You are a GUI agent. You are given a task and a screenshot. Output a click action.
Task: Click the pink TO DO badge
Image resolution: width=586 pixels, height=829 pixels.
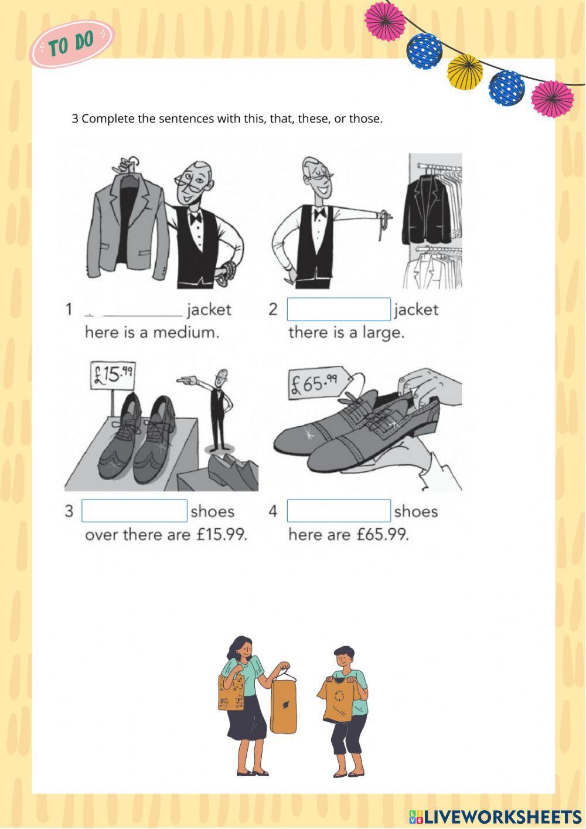pos(71,43)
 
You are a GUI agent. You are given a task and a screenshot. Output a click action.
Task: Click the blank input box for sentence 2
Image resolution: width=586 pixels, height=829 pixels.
pos(339,309)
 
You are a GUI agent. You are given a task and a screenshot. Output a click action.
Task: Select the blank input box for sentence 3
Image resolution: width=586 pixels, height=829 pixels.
pos(134,511)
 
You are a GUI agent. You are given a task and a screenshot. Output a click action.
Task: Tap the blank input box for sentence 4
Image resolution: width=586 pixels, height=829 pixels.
pos(339,511)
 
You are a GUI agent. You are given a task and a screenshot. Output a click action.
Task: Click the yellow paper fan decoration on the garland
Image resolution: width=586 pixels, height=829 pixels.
pos(465,71)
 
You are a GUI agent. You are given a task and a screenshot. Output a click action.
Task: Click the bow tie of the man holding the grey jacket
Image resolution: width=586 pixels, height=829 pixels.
pos(195,218)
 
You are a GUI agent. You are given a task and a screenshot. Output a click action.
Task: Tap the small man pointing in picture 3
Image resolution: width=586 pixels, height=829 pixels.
pos(220,410)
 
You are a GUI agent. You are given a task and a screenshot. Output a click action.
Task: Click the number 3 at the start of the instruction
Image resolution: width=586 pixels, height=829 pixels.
pos(75,119)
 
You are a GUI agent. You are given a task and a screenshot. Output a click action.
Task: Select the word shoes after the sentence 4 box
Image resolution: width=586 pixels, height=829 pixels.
pos(416,512)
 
